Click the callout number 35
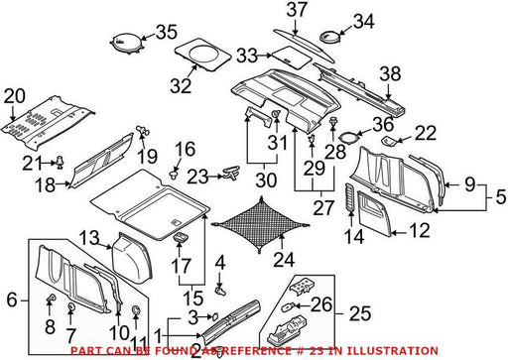pyautogui.click(x=167, y=32)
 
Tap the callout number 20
pyautogui.click(x=15, y=96)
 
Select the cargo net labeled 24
pyautogui.click(x=260, y=225)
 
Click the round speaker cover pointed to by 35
pyautogui.click(x=127, y=43)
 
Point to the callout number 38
pyautogui.click(x=390, y=74)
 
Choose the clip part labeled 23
pyautogui.click(x=232, y=173)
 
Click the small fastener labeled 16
pyautogui.click(x=174, y=174)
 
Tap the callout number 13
pyautogui.click(x=89, y=238)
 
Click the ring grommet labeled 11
pyautogui.click(x=136, y=310)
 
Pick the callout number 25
pyautogui.click(x=360, y=313)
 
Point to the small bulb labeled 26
pyautogui.click(x=287, y=307)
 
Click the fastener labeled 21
pyautogui.click(x=60, y=162)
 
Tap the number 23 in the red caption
pyautogui.click(x=317, y=350)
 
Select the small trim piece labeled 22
pyautogui.click(x=390, y=141)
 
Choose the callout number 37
pyautogui.click(x=297, y=10)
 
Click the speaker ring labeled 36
pyautogui.click(x=347, y=137)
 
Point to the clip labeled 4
pyautogui.click(x=220, y=290)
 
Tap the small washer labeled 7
pyautogui.click(x=70, y=307)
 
